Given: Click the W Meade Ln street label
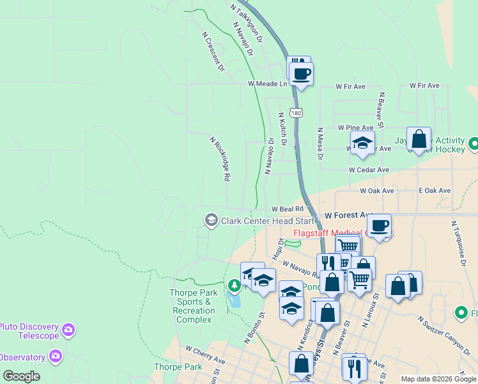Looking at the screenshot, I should pyautogui.click(x=268, y=84).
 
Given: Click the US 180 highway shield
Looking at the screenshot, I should pyautogui.click(x=295, y=113).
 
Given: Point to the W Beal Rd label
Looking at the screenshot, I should pyautogui.click(x=287, y=209).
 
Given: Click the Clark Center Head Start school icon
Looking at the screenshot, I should pyautogui.click(x=211, y=221).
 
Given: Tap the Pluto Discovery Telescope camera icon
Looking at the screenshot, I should pyautogui.click(x=68, y=330).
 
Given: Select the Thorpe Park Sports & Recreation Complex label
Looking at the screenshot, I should pyautogui.click(x=194, y=306).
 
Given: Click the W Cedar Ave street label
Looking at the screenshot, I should pyautogui.click(x=369, y=170).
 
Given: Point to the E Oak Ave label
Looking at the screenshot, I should pyautogui.click(x=435, y=191).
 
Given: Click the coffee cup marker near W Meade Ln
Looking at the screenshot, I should pyautogui.click(x=301, y=73).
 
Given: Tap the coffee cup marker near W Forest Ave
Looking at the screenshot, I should pyautogui.click(x=379, y=225).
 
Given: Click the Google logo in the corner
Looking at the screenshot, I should pyautogui.click(x=21, y=376).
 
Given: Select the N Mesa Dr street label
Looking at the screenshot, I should pyautogui.click(x=320, y=143).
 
